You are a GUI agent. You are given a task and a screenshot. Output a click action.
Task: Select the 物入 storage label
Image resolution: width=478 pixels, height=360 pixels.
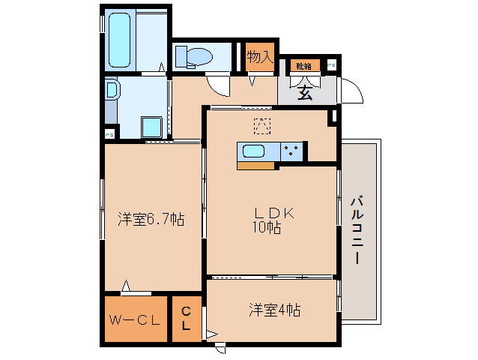(x=260, y=57)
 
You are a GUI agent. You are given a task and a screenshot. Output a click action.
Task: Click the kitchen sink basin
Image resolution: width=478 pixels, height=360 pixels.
(x=252, y=151)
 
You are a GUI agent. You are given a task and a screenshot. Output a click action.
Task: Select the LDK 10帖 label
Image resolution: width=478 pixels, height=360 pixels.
(x=267, y=220)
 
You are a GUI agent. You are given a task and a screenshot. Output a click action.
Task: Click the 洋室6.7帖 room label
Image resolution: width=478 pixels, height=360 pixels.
(x=151, y=220)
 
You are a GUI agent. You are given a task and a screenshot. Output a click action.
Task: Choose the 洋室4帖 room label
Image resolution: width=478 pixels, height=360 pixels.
(x=275, y=308)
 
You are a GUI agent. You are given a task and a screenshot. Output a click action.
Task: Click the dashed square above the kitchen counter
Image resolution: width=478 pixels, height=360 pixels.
(x=261, y=126)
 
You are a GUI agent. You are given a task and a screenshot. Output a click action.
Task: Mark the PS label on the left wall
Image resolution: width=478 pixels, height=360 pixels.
(x=109, y=134)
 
